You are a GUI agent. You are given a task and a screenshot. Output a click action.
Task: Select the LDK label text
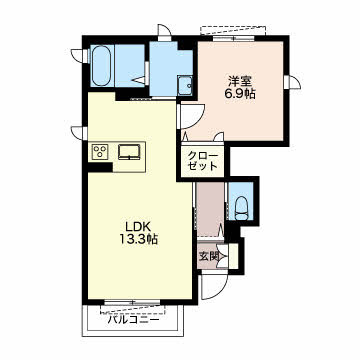point(138,226)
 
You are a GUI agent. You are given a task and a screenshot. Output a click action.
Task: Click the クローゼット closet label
point(203,161)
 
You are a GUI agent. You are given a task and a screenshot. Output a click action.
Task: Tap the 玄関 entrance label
point(209,256)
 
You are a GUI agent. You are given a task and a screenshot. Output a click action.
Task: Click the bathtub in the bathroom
point(101,65)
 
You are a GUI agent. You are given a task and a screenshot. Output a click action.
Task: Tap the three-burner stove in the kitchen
point(100,151)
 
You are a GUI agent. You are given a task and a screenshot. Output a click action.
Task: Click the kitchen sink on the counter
point(130,152)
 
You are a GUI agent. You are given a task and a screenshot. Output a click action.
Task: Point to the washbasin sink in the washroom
point(185,85)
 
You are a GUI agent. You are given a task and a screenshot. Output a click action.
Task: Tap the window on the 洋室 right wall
point(293,82)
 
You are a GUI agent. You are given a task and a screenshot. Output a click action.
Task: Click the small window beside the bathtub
point(79,55)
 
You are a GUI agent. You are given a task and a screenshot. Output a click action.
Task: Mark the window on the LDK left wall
point(79,133)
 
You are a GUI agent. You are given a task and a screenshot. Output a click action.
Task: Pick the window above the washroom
point(164,32)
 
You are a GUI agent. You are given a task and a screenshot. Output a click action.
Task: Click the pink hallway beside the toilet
point(210,209)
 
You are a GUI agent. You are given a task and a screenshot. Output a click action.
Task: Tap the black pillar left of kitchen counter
point(100,167)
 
